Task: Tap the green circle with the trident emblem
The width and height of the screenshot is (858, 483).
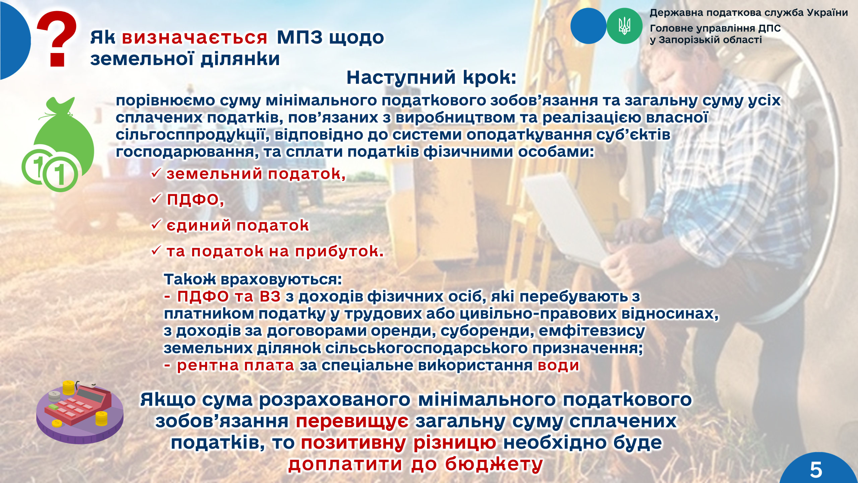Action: tap(624, 26)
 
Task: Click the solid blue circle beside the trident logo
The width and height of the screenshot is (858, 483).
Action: tap(588, 26)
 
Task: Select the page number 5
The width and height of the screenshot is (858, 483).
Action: tap(816, 470)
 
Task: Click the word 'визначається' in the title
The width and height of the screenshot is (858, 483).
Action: tap(194, 38)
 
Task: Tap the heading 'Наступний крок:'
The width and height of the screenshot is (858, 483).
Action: tap(431, 77)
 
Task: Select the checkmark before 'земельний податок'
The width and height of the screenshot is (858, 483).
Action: tap(156, 173)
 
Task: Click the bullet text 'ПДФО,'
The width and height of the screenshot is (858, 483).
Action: tap(195, 200)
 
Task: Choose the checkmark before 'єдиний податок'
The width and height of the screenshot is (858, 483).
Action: tap(156, 224)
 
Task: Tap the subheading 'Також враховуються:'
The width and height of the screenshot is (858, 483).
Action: tap(253, 279)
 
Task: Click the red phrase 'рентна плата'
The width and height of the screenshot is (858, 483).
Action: tap(235, 365)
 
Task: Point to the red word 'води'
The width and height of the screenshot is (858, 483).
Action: tap(558, 365)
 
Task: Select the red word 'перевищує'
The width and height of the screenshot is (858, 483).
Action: tap(352, 422)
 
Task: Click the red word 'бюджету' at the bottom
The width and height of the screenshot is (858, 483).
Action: tap(494, 465)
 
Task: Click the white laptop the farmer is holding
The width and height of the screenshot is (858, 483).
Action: tap(566, 218)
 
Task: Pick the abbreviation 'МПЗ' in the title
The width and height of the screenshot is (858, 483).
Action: tap(300, 37)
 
